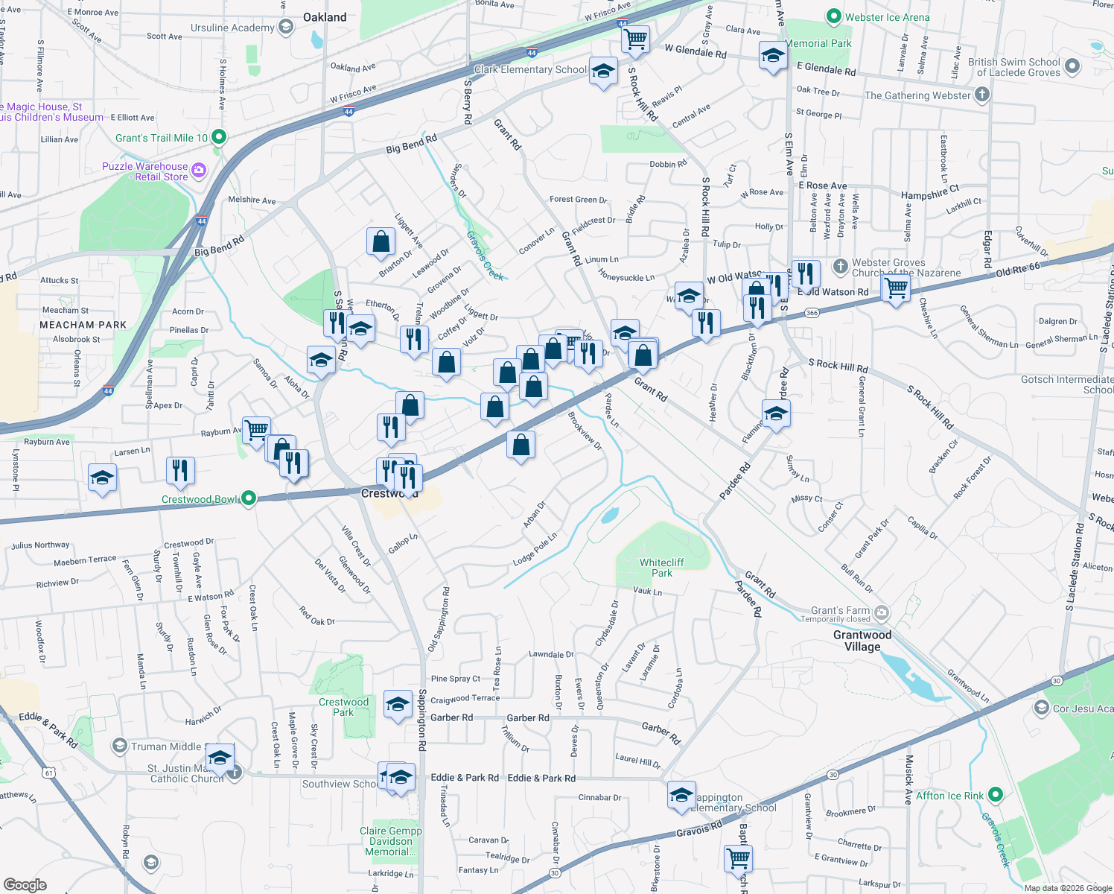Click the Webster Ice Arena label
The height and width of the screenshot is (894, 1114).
887,17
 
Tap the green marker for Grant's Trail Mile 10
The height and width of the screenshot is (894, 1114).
218,137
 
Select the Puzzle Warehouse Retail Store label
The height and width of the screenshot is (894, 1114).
145,171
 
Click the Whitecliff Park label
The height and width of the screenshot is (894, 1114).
661,568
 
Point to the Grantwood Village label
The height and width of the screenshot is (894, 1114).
862,641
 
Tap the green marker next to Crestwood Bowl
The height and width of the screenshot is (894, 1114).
249,498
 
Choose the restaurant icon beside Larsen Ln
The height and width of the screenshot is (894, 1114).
180,470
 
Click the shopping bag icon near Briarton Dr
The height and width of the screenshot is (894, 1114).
381,242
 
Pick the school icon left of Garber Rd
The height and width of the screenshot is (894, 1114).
398,704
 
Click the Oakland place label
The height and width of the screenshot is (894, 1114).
325,17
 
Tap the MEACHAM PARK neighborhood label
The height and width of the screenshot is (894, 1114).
83,325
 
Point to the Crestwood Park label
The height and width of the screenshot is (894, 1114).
343,707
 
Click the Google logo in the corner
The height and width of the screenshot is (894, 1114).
25,884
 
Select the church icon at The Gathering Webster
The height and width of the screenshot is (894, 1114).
982,95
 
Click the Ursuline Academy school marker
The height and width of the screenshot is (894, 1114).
285,28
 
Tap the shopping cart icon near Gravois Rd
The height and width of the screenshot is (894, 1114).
738,858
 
